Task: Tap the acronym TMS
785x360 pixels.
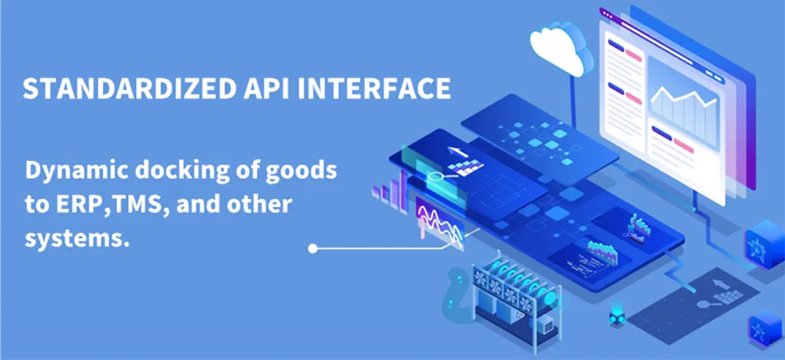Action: pos(133,205)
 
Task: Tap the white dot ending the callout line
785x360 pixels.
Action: pos(313,248)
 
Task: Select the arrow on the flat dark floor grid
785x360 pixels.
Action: pos(719,285)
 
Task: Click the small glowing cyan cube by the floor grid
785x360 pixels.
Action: pos(616,316)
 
